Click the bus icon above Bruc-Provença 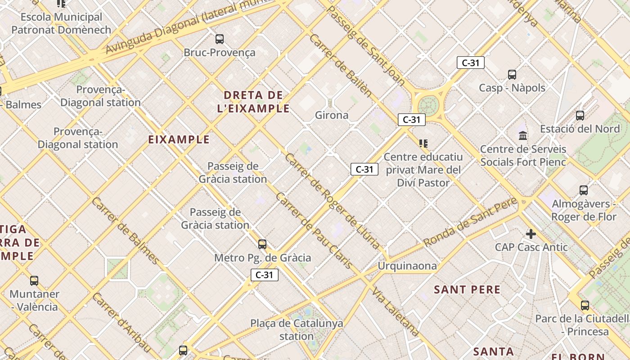pos(220,39)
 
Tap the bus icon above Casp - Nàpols pos(512,75)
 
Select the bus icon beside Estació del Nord pos(580,116)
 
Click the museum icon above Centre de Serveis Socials pos(523,135)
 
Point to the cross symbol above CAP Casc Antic pos(531,234)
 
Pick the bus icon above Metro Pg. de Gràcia pos(262,244)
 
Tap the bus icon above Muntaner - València pos(34,281)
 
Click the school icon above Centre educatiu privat pos(423,144)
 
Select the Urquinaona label pos(407,265)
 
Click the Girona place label pos(332,115)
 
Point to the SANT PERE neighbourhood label pos(467,289)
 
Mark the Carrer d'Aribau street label pos(121,321)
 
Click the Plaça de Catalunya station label pos(297,329)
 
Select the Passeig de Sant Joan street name pos(364,45)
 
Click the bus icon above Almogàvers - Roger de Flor pos(584,190)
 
